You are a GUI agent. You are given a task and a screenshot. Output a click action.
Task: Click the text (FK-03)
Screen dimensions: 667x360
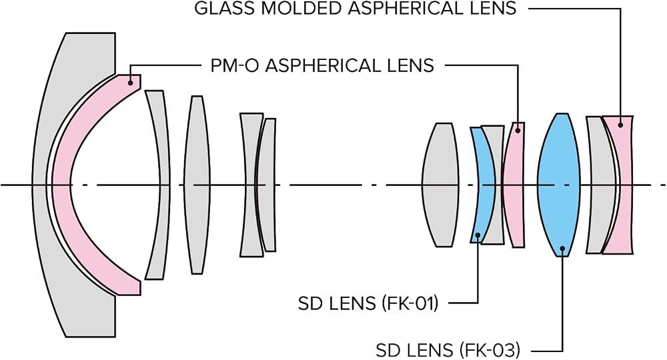point(491,351)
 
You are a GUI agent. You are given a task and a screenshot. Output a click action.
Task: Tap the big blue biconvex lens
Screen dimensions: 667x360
point(558,185)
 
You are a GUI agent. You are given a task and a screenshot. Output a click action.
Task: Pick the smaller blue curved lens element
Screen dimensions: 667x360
point(481,185)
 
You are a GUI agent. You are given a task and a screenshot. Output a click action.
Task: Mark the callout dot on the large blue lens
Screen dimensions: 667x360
point(563,248)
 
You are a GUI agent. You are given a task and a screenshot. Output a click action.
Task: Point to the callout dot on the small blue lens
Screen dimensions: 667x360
point(478,235)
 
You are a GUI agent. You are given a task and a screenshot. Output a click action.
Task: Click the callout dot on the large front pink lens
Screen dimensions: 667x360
point(131,82)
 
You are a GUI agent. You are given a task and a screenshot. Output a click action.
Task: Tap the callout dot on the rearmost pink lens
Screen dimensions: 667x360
point(620,125)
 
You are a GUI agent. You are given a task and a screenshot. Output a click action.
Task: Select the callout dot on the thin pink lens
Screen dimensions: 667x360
point(518,130)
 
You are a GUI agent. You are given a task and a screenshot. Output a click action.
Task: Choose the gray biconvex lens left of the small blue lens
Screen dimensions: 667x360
point(440,185)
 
